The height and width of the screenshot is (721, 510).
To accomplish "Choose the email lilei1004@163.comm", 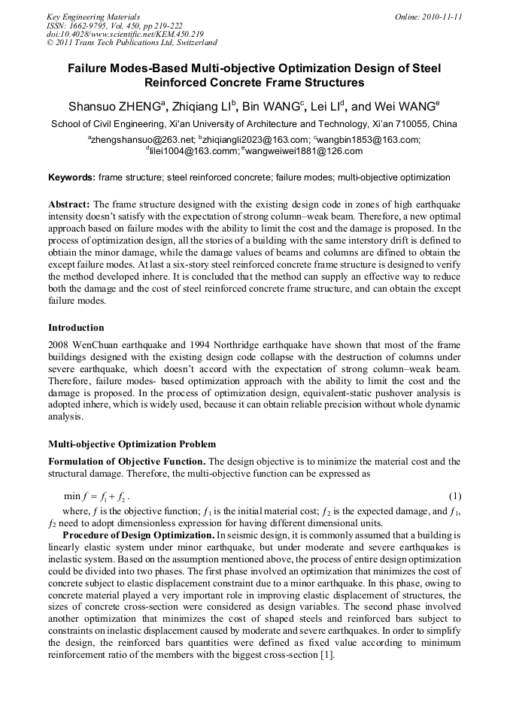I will point(192,150).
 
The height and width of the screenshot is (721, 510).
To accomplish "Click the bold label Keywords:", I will point(72,177).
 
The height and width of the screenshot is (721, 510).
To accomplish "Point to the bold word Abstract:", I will point(69,204).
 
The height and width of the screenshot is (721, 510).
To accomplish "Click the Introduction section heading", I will point(76,328).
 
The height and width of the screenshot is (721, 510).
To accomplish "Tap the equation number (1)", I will point(454,496).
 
